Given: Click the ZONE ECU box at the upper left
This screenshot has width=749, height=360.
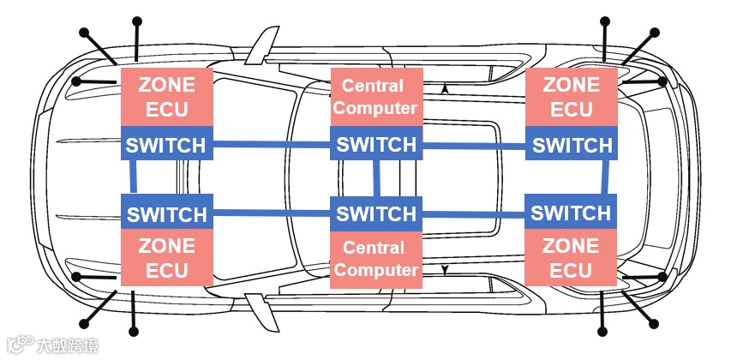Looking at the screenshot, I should (165, 97).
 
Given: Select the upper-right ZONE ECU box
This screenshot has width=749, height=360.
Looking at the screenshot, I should (572, 97).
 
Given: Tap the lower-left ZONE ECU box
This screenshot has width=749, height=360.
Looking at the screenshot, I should (165, 257).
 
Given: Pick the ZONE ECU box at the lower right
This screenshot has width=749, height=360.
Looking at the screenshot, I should (572, 257).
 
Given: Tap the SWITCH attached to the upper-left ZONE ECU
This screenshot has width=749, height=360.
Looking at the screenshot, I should (165, 144).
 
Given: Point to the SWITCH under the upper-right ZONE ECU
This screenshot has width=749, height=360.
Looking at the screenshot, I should (572, 144).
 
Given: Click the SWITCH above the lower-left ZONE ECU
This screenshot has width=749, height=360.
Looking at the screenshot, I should (165, 213).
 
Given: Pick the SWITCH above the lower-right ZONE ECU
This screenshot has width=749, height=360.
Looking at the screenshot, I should (572, 212).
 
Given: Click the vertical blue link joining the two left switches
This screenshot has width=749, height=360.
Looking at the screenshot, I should (134, 178).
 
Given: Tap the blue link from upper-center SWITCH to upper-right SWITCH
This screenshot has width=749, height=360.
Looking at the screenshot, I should (474, 146).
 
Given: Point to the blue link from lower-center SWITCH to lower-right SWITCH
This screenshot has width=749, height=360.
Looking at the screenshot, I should (474, 213).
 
